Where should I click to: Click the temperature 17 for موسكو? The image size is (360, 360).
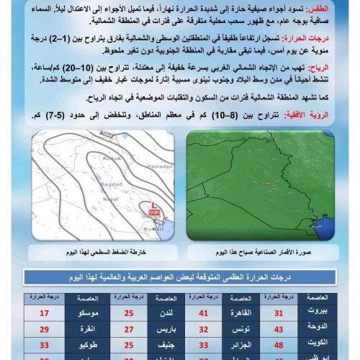click(45, 313)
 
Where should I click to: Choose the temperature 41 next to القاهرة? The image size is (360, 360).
click(204, 313)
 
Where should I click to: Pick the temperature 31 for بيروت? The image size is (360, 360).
click(298, 313)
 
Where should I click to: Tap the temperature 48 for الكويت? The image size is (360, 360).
click(298, 346)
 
